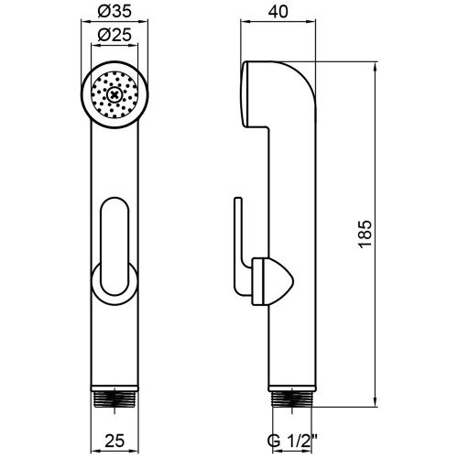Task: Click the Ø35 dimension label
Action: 114,12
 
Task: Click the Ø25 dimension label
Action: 114,35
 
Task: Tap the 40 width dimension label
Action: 278,12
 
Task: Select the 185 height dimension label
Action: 365,234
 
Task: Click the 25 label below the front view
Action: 114,441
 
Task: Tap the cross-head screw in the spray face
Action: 114,95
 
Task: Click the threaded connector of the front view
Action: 114,399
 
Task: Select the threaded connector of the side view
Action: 292,399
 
